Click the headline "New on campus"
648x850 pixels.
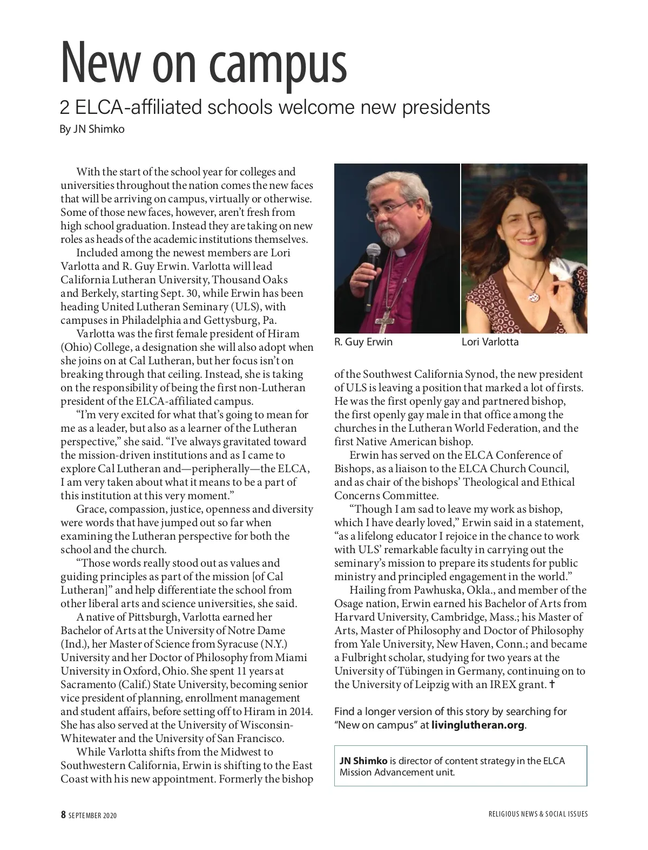203,64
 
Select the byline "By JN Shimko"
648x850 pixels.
92,130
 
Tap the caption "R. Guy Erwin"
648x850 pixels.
363,342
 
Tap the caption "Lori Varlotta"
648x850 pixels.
490,342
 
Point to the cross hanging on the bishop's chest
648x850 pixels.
384,322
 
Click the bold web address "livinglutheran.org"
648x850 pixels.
478,725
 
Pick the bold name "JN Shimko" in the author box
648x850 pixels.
363,761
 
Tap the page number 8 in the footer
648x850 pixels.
63,815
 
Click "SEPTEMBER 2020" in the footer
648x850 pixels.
92,815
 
